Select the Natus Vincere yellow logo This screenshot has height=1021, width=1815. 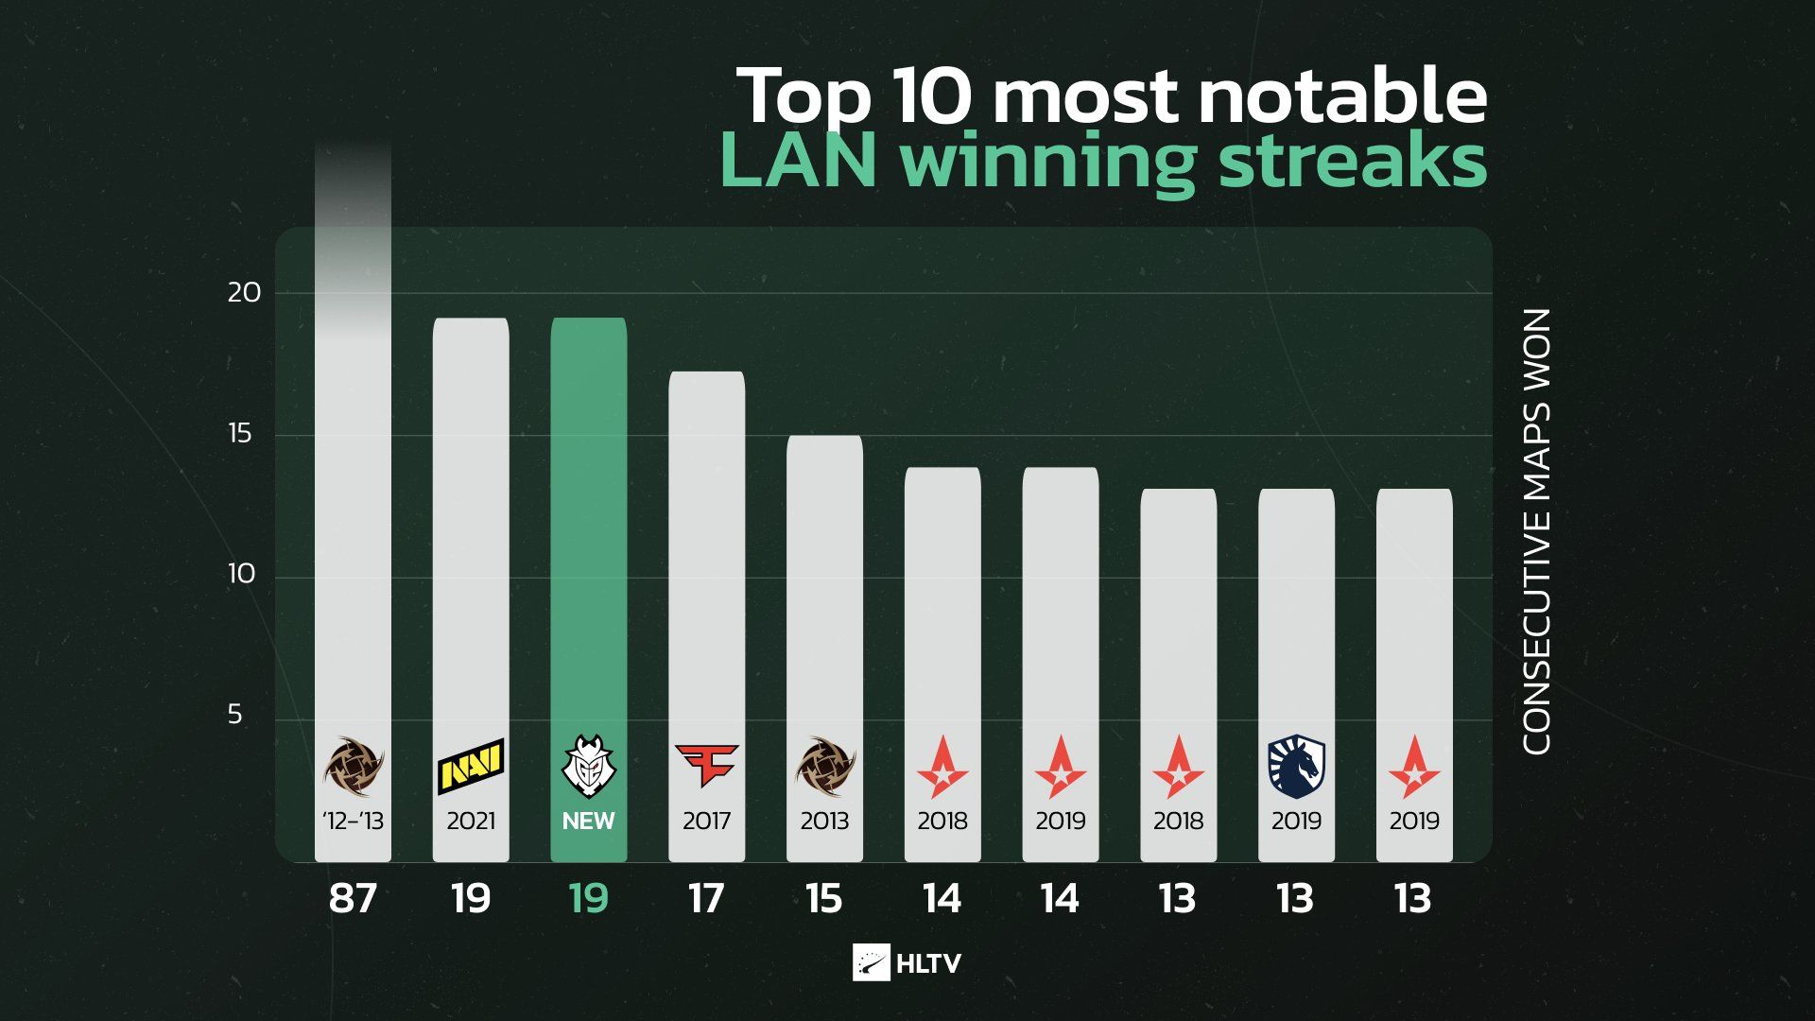click(x=471, y=766)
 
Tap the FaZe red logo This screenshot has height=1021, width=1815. click(x=706, y=765)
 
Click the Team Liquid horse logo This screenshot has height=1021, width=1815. click(x=1296, y=768)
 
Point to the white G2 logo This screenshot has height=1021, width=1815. click(x=588, y=767)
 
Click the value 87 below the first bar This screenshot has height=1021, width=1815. click(x=353, y=899)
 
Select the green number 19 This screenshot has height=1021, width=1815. click(x=588, y=899)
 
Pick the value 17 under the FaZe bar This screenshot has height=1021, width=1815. click(x=706, y=899)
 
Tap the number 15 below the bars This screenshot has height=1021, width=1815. click(x=824, y=899)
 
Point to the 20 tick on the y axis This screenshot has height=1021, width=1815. click(x=244, y=293)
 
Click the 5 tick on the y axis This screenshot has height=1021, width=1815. click(x=235, y=715)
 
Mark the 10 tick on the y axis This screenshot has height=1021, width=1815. click(x=242, y=574)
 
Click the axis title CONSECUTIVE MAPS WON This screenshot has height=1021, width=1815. click(x=1537, y=531)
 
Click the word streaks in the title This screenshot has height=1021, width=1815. click(x=1353, y=161)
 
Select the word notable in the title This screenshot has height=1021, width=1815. click(x=1342, y=95)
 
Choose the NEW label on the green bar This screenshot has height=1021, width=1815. click(x=588, y=821)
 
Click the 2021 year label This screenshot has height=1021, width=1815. click(x=471, y=821)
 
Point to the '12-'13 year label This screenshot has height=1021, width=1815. click(x=353, y=821)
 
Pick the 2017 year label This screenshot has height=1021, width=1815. click(x=706, y=821)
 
